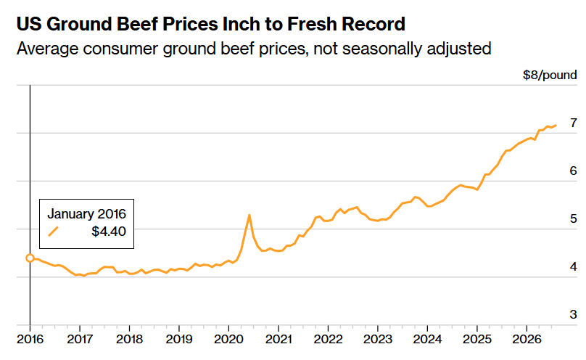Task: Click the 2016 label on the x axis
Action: (x=30, y=339)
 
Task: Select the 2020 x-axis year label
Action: (x=228, y=339)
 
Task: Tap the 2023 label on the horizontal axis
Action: (x=378, y=339)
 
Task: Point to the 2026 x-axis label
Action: (x=527, y=339)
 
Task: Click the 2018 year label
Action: (x=129, y=339)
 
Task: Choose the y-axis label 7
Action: (x=573, y=123)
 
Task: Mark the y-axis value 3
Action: (x=573, y=314)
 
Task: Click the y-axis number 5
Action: (x=573, y=218)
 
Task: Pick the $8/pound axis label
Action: (x=550, y=75)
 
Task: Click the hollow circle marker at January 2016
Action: (x=30, y=258)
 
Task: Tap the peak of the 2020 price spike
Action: (x=249, y=215)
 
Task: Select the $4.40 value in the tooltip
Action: (x=109, y=232)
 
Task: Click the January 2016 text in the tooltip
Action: (x=87, y=214)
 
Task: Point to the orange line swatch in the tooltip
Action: (x=54, y=232)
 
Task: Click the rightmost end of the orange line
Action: (x=556, y=126)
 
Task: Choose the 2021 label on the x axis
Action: (x=278, y=339)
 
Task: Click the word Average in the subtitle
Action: (x=47, y=49)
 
